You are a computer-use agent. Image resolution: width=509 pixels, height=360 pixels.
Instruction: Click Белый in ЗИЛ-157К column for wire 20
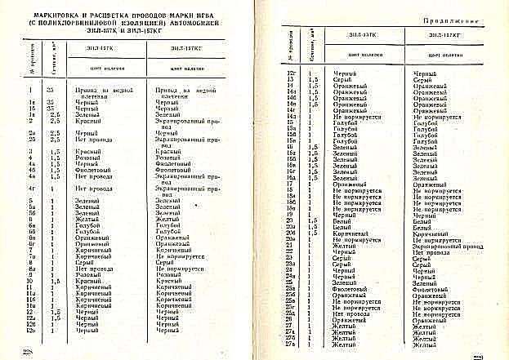coord(343,220)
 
